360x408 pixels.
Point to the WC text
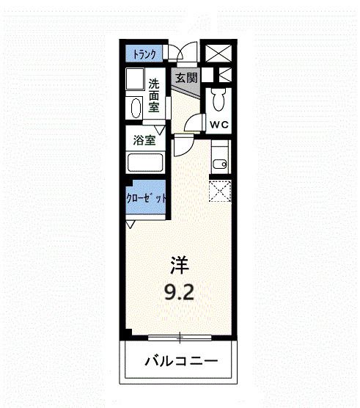point(220,125)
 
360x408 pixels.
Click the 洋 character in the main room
point(179,263)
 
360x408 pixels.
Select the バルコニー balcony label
point(180,362)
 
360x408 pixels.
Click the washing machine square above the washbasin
point(135,80)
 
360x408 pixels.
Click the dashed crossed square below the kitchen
point(220,192)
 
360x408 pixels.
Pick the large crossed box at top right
point(218,53)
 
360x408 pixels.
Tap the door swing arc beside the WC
point(194,123)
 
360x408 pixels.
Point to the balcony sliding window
point(180,338)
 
